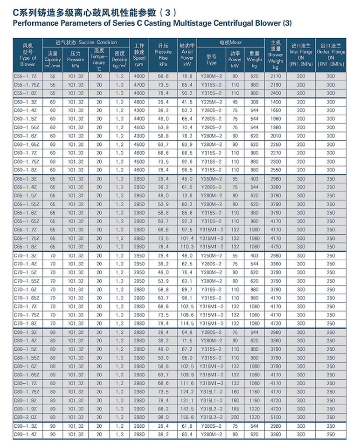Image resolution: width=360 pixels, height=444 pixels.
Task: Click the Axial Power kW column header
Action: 187,54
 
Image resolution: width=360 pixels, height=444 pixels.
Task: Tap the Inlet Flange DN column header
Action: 301,55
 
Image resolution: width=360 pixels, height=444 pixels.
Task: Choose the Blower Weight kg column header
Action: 276,54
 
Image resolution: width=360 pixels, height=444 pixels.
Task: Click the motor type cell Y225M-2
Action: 211,101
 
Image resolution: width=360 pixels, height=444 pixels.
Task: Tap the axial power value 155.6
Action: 187,417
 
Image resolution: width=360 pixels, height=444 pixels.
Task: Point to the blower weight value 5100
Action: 276,417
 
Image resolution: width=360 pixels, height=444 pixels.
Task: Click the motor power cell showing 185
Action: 235,409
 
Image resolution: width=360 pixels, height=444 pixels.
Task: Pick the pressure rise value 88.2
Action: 163,409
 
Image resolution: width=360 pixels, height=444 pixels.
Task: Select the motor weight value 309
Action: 255,101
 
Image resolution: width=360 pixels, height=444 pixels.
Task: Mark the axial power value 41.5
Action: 187,101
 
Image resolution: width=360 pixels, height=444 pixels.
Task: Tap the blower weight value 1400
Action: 276,101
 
